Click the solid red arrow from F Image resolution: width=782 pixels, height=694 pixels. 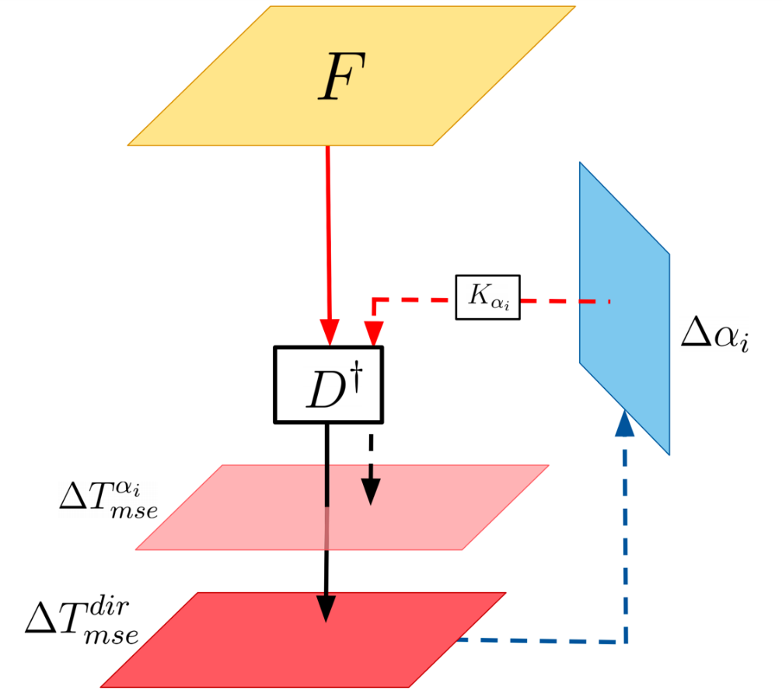(328, 233)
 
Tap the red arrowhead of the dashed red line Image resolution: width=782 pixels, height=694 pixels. (374, 333)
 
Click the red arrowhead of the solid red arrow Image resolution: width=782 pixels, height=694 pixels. (330, 332)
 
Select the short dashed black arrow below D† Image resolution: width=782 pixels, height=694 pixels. (371, 467)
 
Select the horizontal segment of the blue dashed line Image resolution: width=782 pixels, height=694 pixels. (544, 641)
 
